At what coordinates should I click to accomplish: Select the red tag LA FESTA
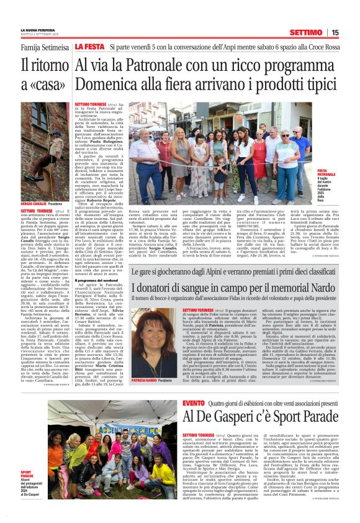click(89, 47)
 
